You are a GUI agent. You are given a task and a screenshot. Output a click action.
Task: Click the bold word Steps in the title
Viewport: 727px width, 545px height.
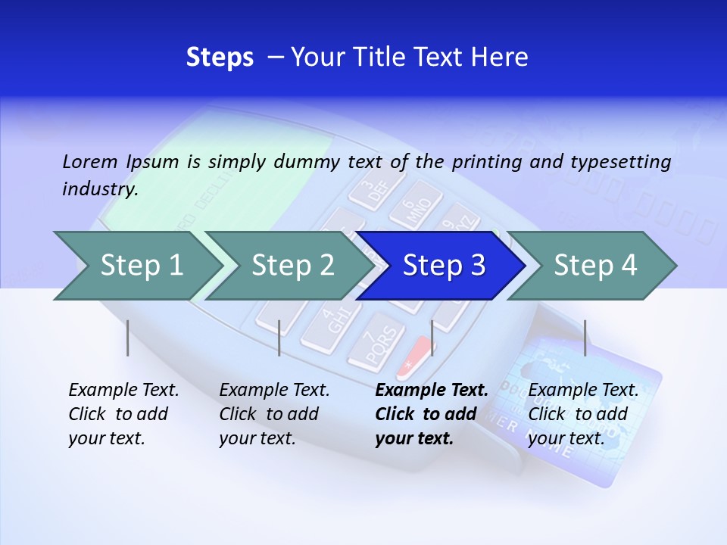click(x=220, y=58)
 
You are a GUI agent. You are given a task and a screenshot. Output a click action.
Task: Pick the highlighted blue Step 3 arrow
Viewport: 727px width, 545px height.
click(x=444, y=266)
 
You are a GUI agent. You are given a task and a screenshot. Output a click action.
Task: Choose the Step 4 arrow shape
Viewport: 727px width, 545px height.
click(x=595, y=266)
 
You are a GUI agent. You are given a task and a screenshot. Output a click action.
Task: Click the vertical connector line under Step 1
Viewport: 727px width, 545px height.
click(x=128, y=338)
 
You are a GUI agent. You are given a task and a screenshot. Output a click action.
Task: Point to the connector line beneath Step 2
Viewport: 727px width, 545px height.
click(x=279, y=338)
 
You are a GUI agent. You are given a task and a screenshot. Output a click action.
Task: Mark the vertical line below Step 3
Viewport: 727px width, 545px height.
click(x=432, y=338)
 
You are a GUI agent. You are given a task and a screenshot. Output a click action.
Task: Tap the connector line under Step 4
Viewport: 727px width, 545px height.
click(x=585, y=338)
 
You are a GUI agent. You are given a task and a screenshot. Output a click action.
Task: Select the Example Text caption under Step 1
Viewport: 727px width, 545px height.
click(x=123, y=414)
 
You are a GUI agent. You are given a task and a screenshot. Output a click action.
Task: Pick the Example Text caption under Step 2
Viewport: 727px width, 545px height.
click(x=274, y=414)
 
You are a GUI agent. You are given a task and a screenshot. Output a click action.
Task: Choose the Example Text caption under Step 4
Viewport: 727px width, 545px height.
click(x=583, y=414)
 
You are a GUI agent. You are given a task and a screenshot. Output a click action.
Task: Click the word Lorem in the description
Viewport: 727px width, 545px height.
click(x=90, y=162)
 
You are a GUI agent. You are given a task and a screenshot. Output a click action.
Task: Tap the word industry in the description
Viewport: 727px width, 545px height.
click(x=99, y=189)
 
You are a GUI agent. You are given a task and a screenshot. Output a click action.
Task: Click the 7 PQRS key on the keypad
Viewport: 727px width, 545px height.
click(x=376, y=344)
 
